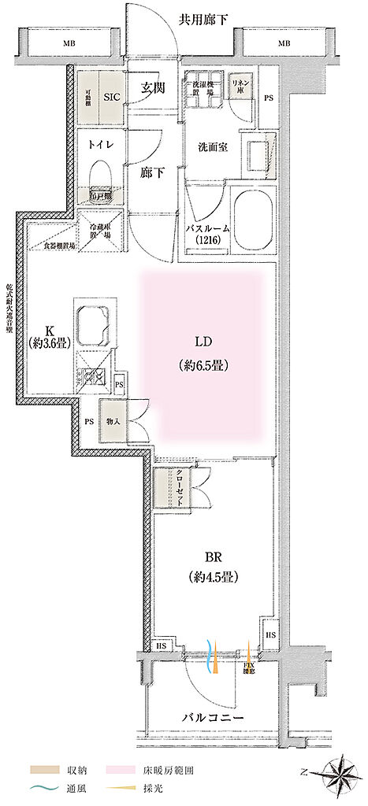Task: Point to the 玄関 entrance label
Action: tap(154, 89)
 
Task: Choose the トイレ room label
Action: tap(99, 144)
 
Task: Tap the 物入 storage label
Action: tap(113, 421)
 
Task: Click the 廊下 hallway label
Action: tap(154, 172)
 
